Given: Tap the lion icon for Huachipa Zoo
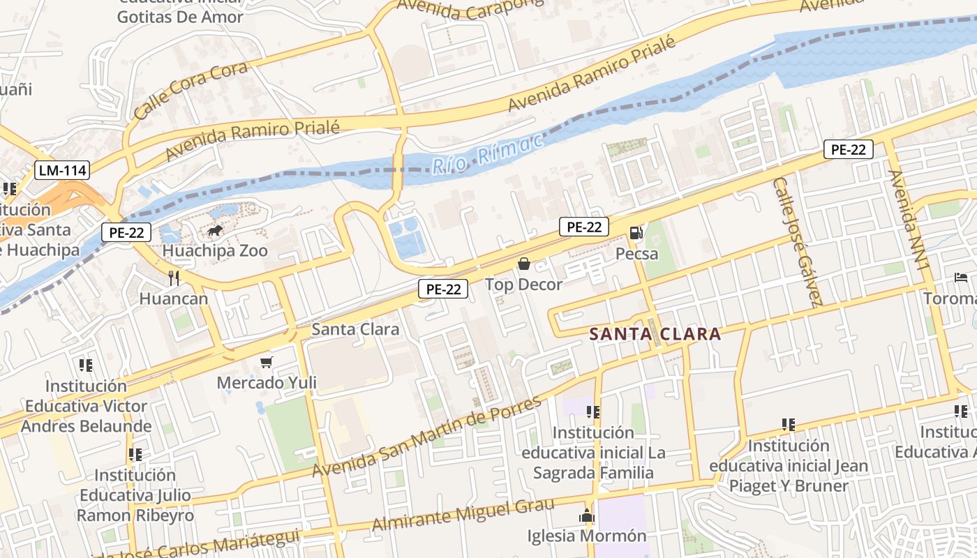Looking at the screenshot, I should click(214, 230).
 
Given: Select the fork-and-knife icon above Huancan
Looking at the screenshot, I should click(174, 278).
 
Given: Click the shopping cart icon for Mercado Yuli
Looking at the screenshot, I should click(266, 362).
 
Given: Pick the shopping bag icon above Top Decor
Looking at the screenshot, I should click(523, 263).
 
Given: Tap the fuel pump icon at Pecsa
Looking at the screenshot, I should click(636, 232).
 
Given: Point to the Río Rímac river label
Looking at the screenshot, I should click(487, 153).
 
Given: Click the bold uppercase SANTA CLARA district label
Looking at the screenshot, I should click(655, 334).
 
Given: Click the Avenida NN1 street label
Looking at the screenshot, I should click(909, 220).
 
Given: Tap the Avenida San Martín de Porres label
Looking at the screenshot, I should click(426, 437).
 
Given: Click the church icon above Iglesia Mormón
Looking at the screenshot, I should click(587, 516).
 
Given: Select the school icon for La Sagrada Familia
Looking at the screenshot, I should click(593, 412).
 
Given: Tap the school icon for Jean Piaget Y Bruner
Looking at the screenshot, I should click(789, 424).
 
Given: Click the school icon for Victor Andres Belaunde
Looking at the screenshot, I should click(86, 365).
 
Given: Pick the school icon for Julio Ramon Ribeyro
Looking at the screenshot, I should click(135, 455).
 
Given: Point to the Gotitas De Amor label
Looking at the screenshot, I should click(180, 17).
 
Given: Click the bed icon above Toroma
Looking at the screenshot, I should click(961, 278).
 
